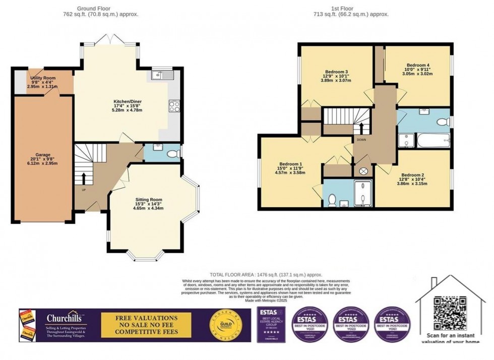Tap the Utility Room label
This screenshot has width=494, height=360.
coord(43,78)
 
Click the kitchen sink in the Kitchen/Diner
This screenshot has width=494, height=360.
coord(161,75)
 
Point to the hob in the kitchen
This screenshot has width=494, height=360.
coord(174,106)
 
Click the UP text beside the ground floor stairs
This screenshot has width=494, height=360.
coord(84,190)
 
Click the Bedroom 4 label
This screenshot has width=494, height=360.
coord(418,66)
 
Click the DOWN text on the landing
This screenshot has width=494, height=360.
coord(361,139)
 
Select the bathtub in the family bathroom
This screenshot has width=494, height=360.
coord(433,140)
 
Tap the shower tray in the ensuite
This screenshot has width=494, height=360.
coord(363,194)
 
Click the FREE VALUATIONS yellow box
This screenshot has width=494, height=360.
coord(147,325)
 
